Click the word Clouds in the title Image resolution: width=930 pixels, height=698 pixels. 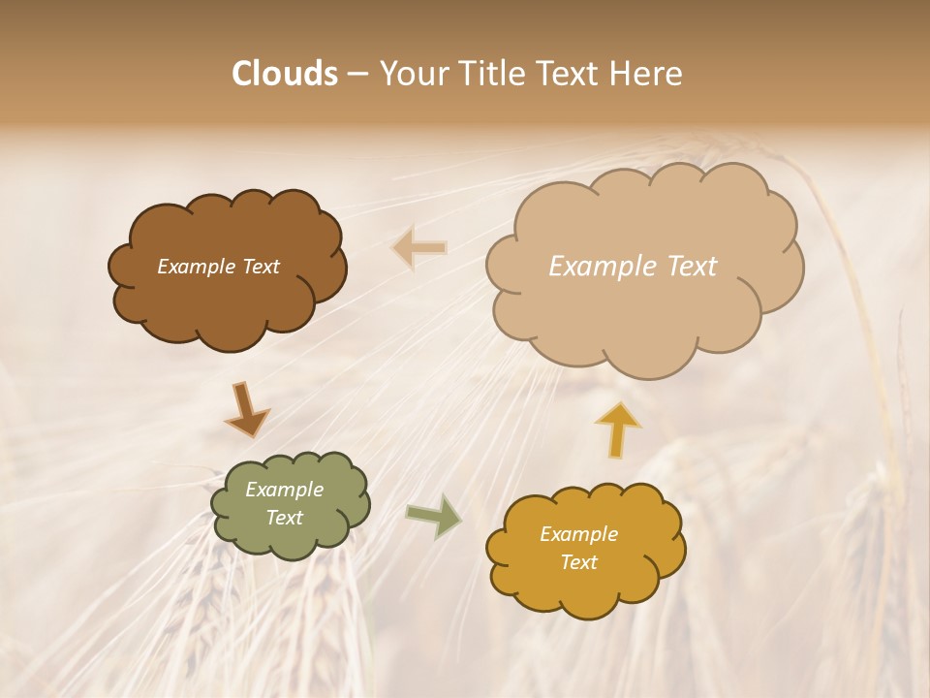tap(285, 74)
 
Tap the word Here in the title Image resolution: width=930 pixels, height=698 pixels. tap(647, 74)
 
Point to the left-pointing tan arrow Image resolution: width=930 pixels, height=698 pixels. tap(419, 248)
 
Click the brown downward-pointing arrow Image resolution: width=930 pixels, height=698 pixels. tap(246, 410)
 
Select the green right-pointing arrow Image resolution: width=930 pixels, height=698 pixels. tap(434, 516)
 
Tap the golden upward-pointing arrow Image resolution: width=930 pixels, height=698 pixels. tap(617, 428)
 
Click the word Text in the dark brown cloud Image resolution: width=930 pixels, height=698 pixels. tap(258, 267)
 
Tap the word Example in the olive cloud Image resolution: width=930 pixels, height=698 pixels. tap(284, 490)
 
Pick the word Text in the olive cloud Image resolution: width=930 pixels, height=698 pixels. tap(284, 518)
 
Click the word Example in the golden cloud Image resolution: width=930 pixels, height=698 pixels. tap(578, 534)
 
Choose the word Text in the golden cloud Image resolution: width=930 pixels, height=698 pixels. tap(578, 562)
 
